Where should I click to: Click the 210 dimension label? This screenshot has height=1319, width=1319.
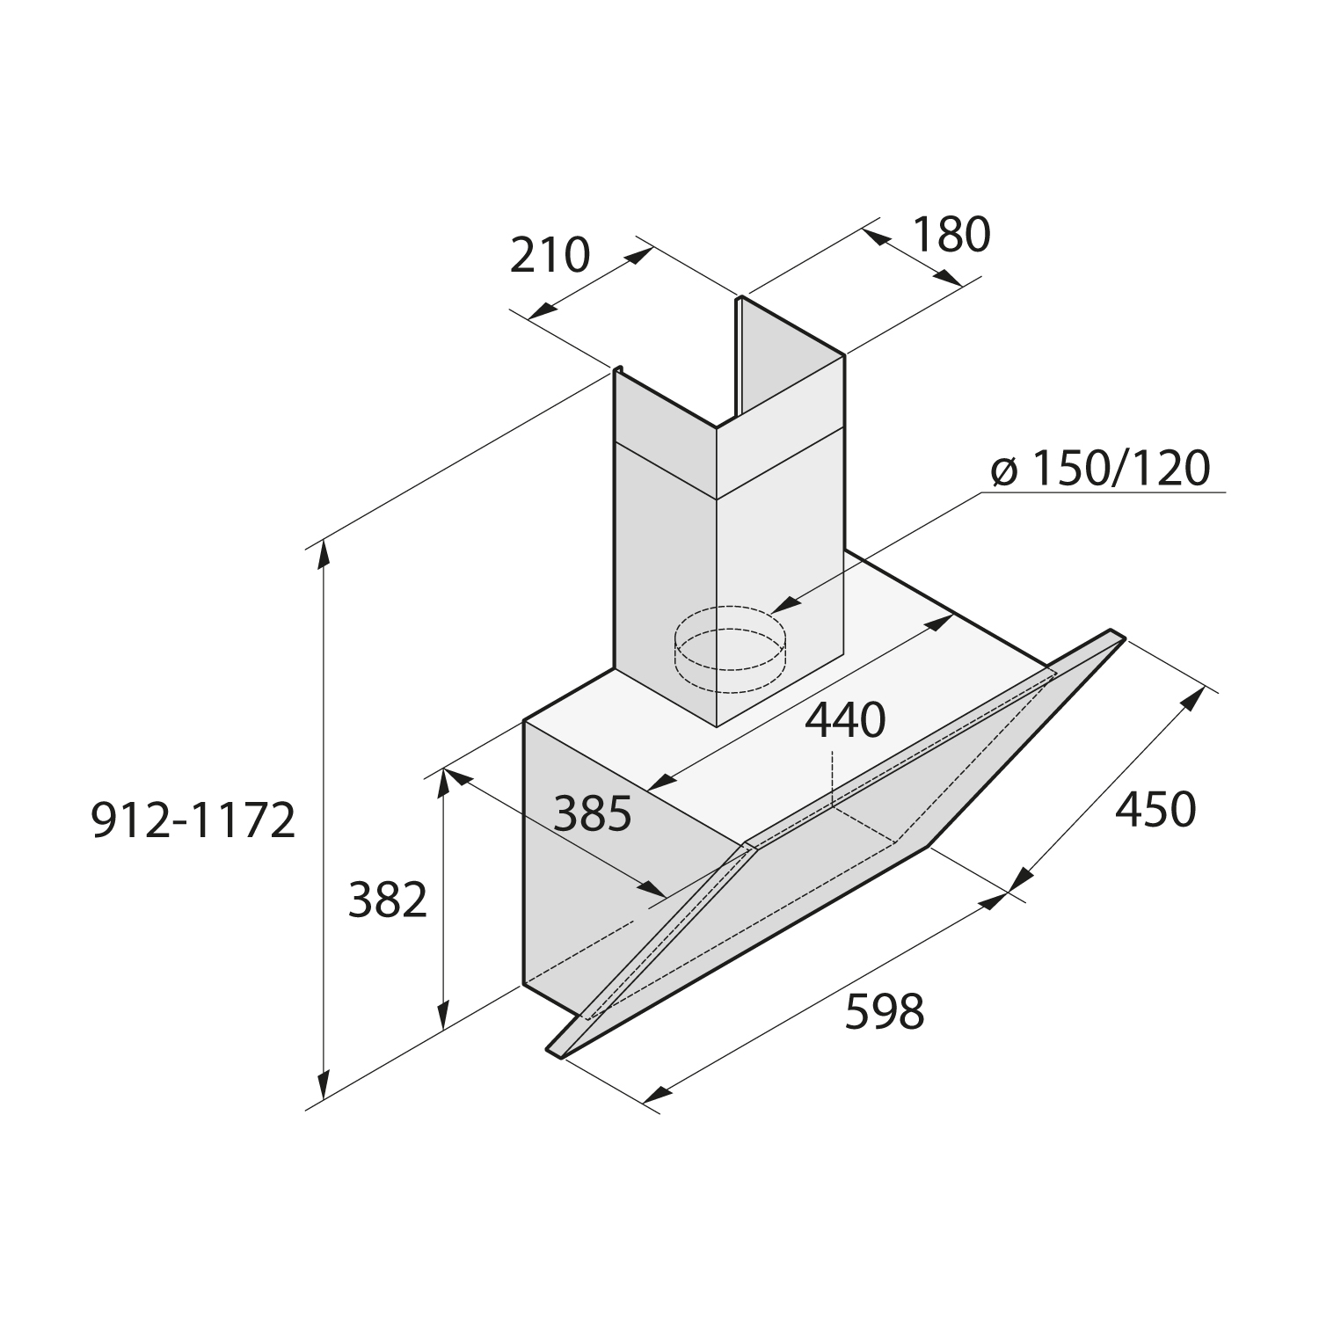click(550, 256)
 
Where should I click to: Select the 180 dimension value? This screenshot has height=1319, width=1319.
click(951, 235)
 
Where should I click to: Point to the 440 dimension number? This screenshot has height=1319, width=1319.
click(845, 721)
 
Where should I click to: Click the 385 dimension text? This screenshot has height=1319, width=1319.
click(593, 813)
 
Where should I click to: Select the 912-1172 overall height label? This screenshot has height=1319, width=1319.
click(193, 821)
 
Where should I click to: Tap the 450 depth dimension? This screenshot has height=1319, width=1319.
click(1155, 810)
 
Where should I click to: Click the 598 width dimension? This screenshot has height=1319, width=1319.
click(885, 1011)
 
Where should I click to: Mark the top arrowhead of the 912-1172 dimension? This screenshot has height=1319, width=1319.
click(325, 557)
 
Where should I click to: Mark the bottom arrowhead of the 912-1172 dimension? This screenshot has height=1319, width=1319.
click(325, 1082)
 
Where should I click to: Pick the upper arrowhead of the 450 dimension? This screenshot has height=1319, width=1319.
click(1193, 699)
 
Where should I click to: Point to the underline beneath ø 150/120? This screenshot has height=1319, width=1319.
click(1104, 492)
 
